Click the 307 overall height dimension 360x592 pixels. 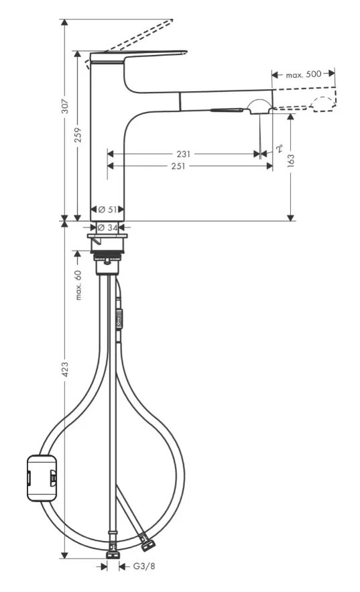click(x=65, y=106)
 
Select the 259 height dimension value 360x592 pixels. click(x=78, y=135)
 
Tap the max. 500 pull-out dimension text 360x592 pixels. click(x=304, y=74)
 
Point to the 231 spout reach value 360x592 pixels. click(x=184, y=154)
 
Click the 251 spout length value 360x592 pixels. click(x=178, y=166)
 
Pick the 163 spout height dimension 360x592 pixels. click(x=290, y=160)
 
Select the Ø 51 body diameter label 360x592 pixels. click(x=107, y=209)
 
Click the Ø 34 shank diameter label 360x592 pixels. click(x=107, y=227)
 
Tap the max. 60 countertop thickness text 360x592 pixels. click(x=78, y=285)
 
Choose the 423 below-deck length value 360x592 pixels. click(x=65, y=369)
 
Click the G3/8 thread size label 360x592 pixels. click(x=143, y=566)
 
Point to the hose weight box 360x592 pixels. click(x=42, y=478)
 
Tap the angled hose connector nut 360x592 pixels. click(x=147, y=542)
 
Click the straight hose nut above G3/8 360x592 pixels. click(x=113, y=552)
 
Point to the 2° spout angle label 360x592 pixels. click(x=280, y=148)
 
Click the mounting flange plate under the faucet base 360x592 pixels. click(x=107, y=237)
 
